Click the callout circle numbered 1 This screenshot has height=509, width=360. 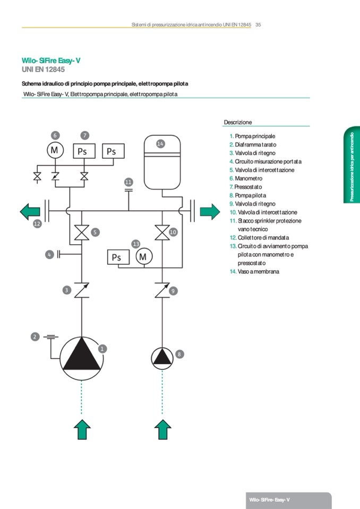click(102, 349)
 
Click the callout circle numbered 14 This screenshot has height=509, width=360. click(160, 143)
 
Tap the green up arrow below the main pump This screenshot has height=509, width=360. click(81, 428)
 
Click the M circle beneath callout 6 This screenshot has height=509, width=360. click(55, 151)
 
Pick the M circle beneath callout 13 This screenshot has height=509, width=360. click(143, 257)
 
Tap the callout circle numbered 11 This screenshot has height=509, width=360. click(128, 183)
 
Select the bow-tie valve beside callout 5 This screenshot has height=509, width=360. click(81, 232)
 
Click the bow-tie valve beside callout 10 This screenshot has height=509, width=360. click(161, 232)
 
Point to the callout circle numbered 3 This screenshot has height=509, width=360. click(66, 290)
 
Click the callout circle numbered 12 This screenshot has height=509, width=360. click(37, 224)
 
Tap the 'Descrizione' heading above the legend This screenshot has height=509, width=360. click(237, 122)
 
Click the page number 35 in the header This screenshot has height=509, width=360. click(258, 24)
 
